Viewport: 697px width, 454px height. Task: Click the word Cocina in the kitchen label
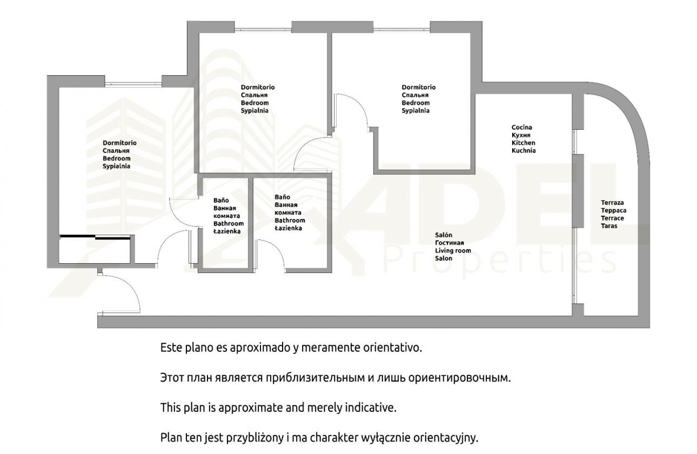(x=522, y=127)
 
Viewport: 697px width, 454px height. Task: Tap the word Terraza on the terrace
(x=612, y=203)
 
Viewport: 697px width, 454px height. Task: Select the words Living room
(x=453, y=250)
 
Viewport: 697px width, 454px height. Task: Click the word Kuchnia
(x=524, y=151)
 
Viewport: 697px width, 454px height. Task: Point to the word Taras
(x=609, y=226)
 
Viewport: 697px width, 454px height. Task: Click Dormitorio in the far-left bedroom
(x=119, y=143)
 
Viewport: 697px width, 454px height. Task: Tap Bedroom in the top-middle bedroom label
(x=254, y=103)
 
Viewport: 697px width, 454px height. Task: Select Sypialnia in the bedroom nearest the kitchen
(x=415, y=111)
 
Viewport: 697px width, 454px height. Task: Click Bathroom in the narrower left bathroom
(x=229, y=223)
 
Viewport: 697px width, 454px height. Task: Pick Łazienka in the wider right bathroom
(x=288, y=228)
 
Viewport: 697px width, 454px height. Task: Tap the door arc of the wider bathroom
(x=275, y=250)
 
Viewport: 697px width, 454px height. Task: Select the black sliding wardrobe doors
(x=95, y=237)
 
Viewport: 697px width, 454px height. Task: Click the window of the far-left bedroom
(x=133, y=83)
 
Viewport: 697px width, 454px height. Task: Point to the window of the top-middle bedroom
(x=263, y=29)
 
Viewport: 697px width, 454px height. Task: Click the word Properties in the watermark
(x=500, y=262)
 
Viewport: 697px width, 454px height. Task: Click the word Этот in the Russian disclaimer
(x=172, y=378)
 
